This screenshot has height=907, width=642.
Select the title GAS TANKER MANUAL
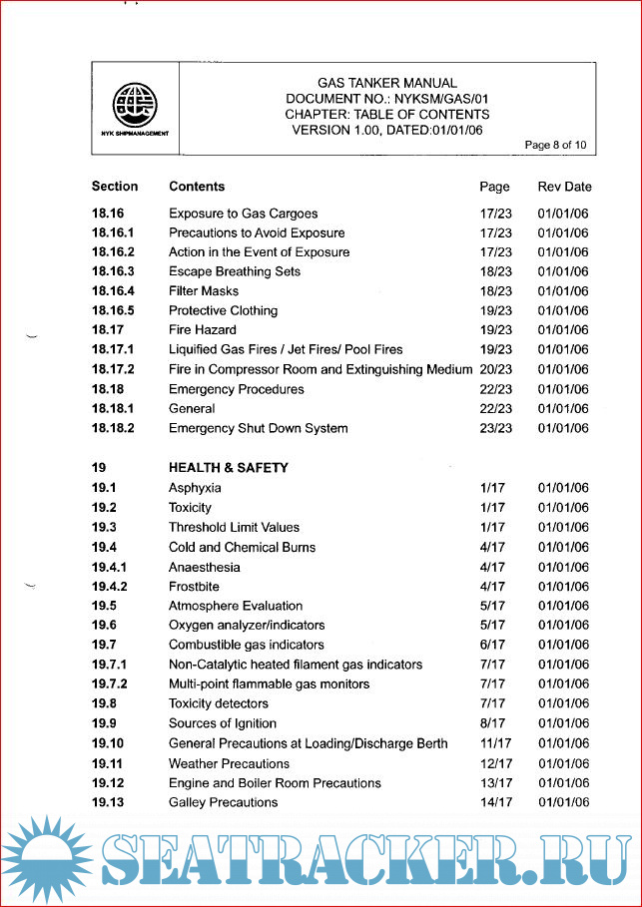[x=386, y=83]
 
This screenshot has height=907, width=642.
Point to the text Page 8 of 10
[x=556, y=146]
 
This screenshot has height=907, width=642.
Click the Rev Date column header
[x=564, y=187]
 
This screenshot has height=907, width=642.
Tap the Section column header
[x=115, y=187]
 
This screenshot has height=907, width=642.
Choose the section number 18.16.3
[x=113, y=271]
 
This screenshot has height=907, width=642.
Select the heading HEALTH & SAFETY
[x=229, y=468]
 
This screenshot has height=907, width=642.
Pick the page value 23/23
[x=495, y=428]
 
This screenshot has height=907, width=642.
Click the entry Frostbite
[x=194, y=587]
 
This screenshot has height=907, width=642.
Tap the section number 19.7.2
[x=110, y=684]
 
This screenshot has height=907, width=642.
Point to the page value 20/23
[x=495, y=370]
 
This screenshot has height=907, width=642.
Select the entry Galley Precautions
[x=224, y=802]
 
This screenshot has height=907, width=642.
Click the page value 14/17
[x=495, y=802]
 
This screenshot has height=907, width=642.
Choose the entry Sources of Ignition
[x=223, y=723]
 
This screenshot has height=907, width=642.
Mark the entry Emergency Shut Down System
[x=259, y=428]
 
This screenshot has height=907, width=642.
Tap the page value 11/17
[x=495, y=743]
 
